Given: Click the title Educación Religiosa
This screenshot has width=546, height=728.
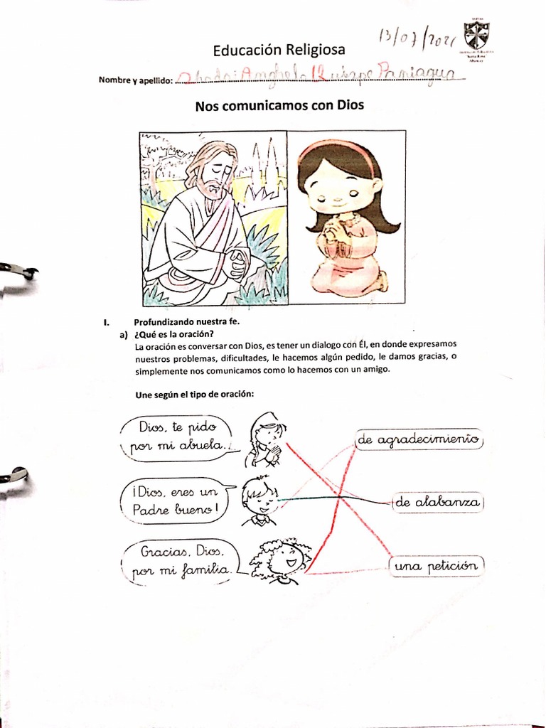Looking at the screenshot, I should coord(279,50).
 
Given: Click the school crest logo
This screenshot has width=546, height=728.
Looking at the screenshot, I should coord(476,36).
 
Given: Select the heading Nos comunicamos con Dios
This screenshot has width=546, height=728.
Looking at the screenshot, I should coord(279,106).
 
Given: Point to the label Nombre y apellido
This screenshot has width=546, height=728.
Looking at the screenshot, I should coord(135,80).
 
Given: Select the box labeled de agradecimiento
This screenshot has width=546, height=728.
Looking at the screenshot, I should coord(419,441).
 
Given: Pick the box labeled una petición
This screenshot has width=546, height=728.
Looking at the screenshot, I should coord(435,566).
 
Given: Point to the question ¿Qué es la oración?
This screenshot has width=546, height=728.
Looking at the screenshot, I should coord(174,335).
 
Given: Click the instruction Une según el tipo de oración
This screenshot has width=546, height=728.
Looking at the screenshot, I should coord(194,395).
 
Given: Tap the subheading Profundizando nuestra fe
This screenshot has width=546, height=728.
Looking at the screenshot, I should coord(187,322).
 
